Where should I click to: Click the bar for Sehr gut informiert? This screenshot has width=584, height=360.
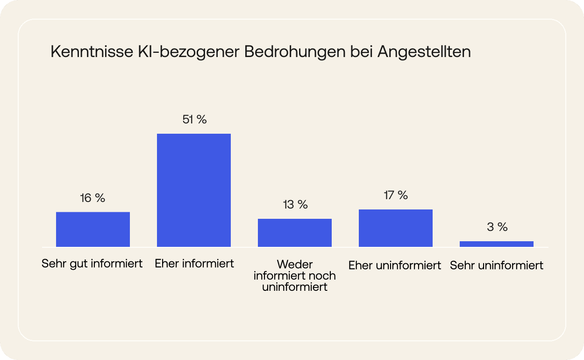pyautogui.click(x=93, y=229)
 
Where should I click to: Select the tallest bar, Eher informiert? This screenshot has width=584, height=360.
pyautogui.click(x=194, y=190)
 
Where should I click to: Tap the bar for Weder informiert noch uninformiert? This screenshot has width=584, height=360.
pyautogui.click(x=295, y=233)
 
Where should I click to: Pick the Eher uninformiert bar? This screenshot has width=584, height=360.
pyautogui.click(x=396, y=228)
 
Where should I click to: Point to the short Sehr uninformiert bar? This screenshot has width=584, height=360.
pyautogui.click(x=497, y=244)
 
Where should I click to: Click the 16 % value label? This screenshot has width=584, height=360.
pyautogui.click(x=93, y=198)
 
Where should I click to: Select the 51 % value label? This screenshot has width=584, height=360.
pyautogui.click(x=194, y=120)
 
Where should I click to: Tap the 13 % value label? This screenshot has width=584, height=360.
pyautogui.click(x=295, y=205)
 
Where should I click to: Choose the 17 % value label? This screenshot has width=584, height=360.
pyautogui.click(x=396, y=195)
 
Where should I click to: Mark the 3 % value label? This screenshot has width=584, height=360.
pyautogui.click(x=497, y=227)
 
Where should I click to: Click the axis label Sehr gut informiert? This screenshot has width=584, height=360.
pyautogui.click(x=92, y=264)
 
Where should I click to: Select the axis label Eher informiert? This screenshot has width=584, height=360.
pyautogui.click(x=194, y=264)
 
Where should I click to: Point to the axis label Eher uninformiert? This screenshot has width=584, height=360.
pyautogui.click(x=395, y=266)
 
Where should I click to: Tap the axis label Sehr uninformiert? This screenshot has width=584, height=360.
pyautogui.click(x=497, y=266)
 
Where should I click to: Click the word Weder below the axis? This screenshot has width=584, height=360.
pyautogui.click(x=295, y=265)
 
